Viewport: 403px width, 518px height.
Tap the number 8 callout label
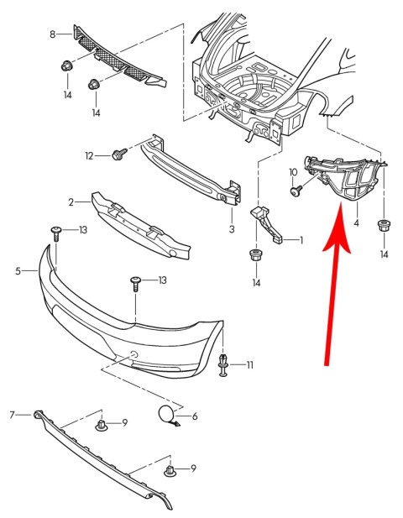click(x=52, y=34)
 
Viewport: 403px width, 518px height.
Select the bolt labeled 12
click(x=118, y=154)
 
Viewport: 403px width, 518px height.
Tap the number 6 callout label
click(x=194, y=416)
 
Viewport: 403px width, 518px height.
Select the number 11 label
click(x=249, y=365)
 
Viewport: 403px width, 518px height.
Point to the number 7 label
click(x=13, y=415)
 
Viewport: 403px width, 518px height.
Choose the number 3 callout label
click(x=232, y=228)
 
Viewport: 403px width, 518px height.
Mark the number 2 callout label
click(x=72, y=201)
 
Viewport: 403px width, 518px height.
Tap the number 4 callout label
click(x=356, y=223)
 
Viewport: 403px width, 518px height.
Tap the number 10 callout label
click(x=294, y=172)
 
